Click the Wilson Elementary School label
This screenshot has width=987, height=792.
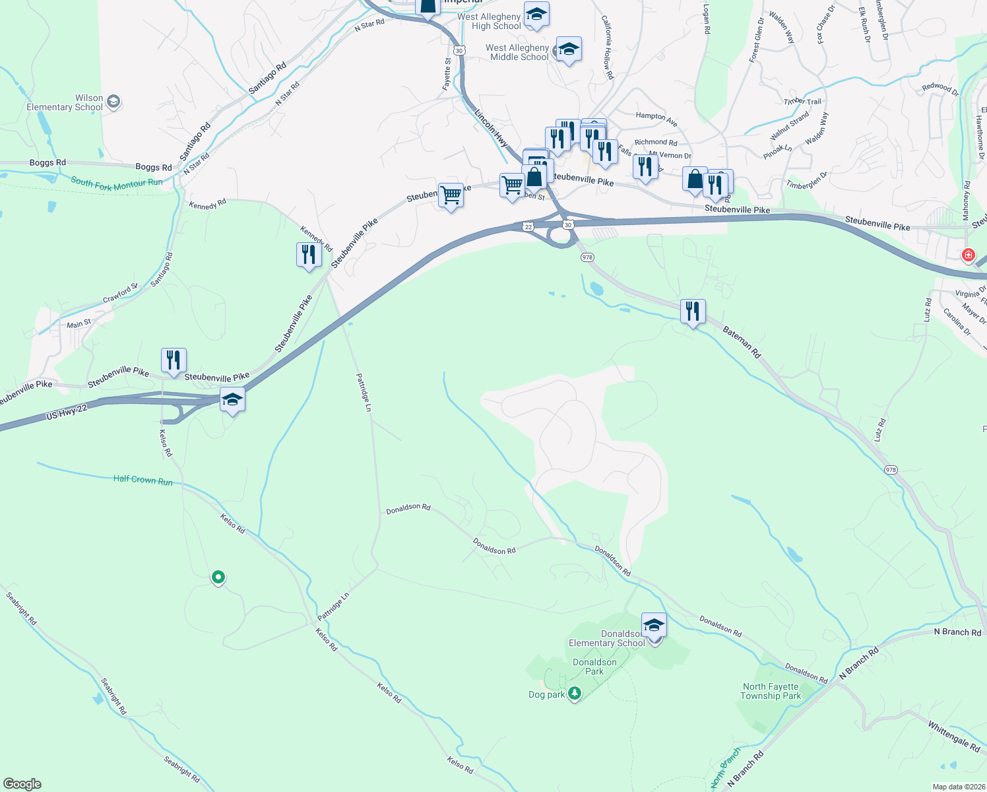(65, 102)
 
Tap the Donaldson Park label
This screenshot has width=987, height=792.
(594, 667)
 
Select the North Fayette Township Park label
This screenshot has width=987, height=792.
(770, 691)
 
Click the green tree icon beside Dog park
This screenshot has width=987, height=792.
(575, 694)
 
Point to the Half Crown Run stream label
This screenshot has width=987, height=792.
(143, 480)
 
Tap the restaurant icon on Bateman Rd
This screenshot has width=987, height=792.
(693, 311)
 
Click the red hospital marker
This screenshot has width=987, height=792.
(968, 255)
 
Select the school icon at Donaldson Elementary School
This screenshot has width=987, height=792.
(654, 625)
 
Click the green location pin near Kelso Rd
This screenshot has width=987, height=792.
(218, 577)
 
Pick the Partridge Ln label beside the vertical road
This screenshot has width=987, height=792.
(364, 392)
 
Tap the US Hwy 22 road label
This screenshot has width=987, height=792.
(67, 413)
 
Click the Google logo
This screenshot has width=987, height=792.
(22, 784)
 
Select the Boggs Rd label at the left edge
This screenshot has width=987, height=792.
(48, 162)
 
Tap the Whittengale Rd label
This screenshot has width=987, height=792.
(954, 736)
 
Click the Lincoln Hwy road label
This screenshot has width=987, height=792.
(492, 127)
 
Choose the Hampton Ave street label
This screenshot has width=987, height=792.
(656, 119)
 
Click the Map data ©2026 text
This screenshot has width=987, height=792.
(956, 787)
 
